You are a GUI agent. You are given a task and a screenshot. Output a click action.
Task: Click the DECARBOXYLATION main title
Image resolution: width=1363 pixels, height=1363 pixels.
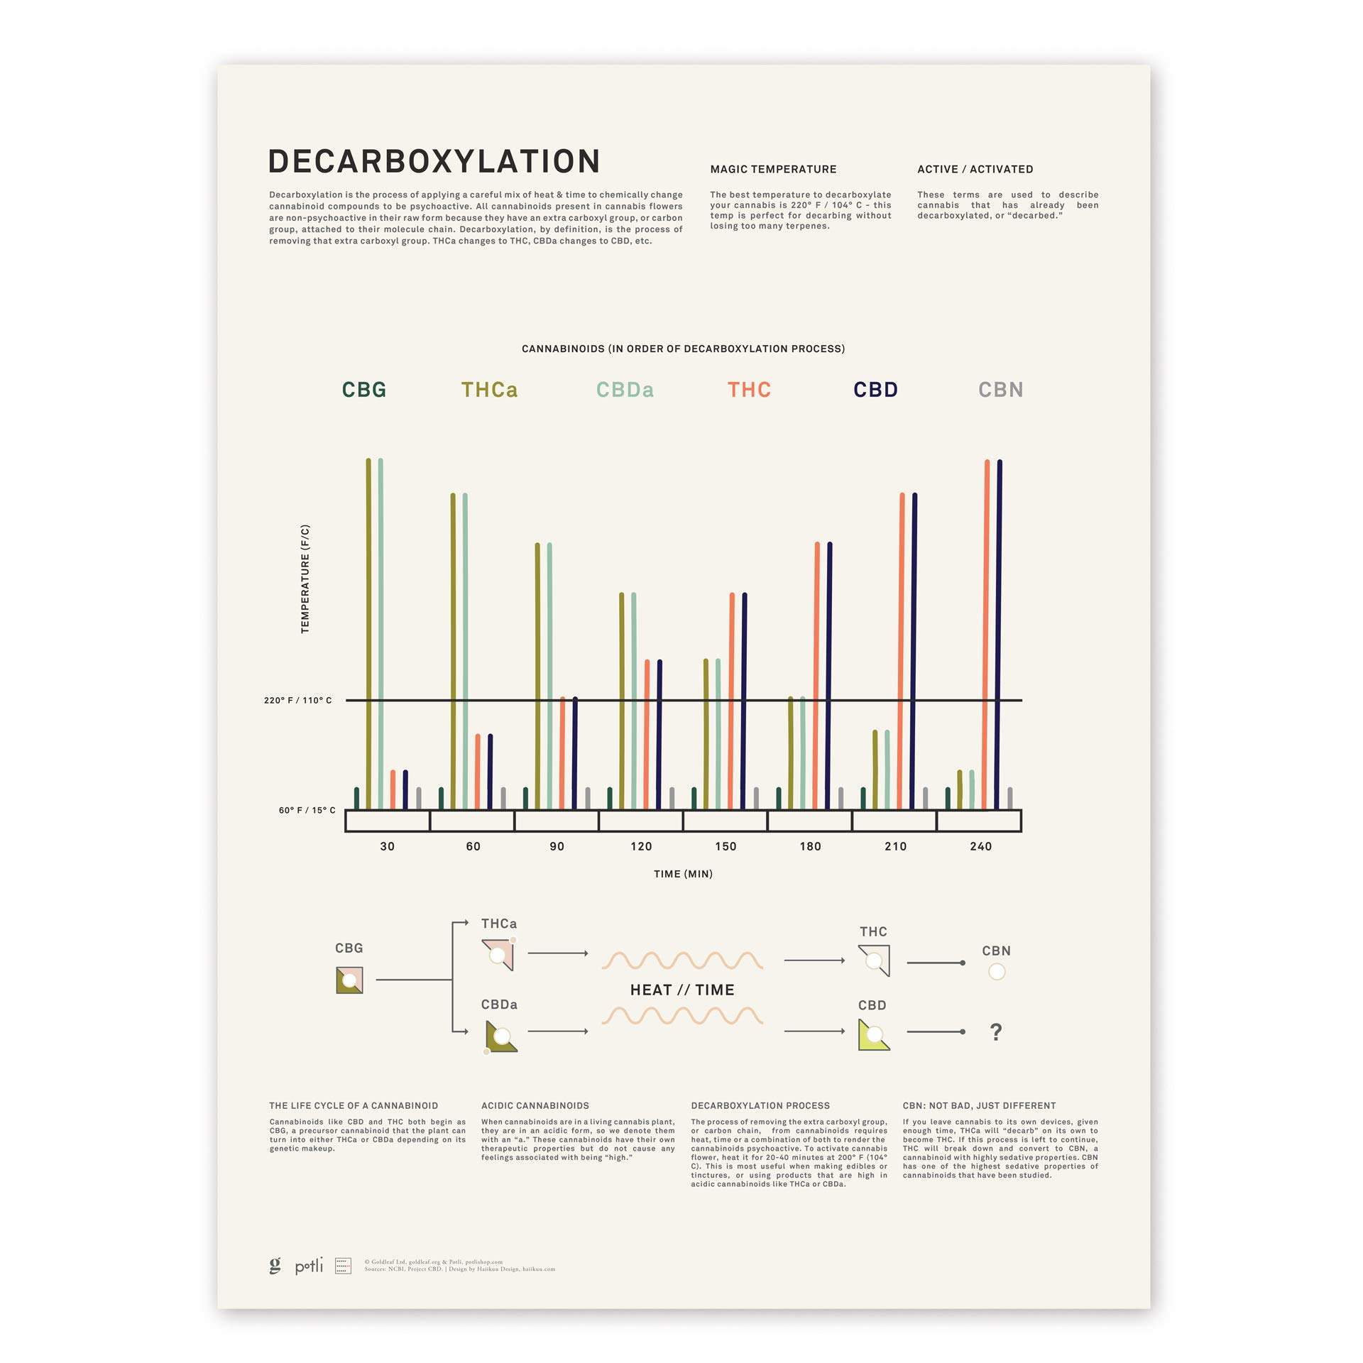click(434, 162)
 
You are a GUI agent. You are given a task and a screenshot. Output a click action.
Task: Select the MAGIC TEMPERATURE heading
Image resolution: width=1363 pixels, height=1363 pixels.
click(773, 169)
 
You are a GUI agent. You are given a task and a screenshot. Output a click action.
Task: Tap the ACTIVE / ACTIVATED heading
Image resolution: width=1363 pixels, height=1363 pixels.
click(975, 169)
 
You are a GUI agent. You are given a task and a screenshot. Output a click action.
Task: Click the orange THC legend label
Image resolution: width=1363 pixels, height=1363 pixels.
click(749, 390)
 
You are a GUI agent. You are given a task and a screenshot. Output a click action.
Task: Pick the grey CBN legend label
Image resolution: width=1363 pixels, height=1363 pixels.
click(1000, 390)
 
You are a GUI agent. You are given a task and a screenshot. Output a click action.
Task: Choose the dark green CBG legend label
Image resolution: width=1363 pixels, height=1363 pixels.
click(364, 390)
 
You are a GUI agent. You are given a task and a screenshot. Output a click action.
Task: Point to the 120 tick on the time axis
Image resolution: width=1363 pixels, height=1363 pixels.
click(641, 846)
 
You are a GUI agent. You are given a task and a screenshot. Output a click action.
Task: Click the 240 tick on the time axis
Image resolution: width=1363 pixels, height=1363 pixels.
click(980, 846)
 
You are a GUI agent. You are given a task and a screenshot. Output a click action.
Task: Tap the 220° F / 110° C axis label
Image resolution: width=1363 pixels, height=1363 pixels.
click(297, 700)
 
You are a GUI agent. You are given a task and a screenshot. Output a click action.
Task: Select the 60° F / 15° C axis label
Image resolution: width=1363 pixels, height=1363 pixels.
click(307, 810)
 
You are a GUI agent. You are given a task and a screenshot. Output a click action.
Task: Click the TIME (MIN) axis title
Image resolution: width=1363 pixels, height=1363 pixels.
click(683, 874)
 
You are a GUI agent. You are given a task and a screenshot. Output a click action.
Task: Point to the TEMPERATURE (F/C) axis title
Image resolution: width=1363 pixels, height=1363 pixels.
click(305, 579)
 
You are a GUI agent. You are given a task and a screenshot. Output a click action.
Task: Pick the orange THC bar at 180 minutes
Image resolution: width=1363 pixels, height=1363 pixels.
click(817, 674)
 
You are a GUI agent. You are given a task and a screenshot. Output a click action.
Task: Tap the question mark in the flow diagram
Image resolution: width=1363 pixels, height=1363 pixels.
click(996, 1031)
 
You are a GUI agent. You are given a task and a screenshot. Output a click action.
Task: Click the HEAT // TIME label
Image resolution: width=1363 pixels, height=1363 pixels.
click(682, 990)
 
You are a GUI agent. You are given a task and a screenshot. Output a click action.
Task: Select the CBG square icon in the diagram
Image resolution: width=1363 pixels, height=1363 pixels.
click(349, 980)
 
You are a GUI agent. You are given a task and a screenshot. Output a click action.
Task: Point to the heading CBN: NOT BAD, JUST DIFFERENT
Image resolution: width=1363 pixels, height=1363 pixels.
click(979, 1105)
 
